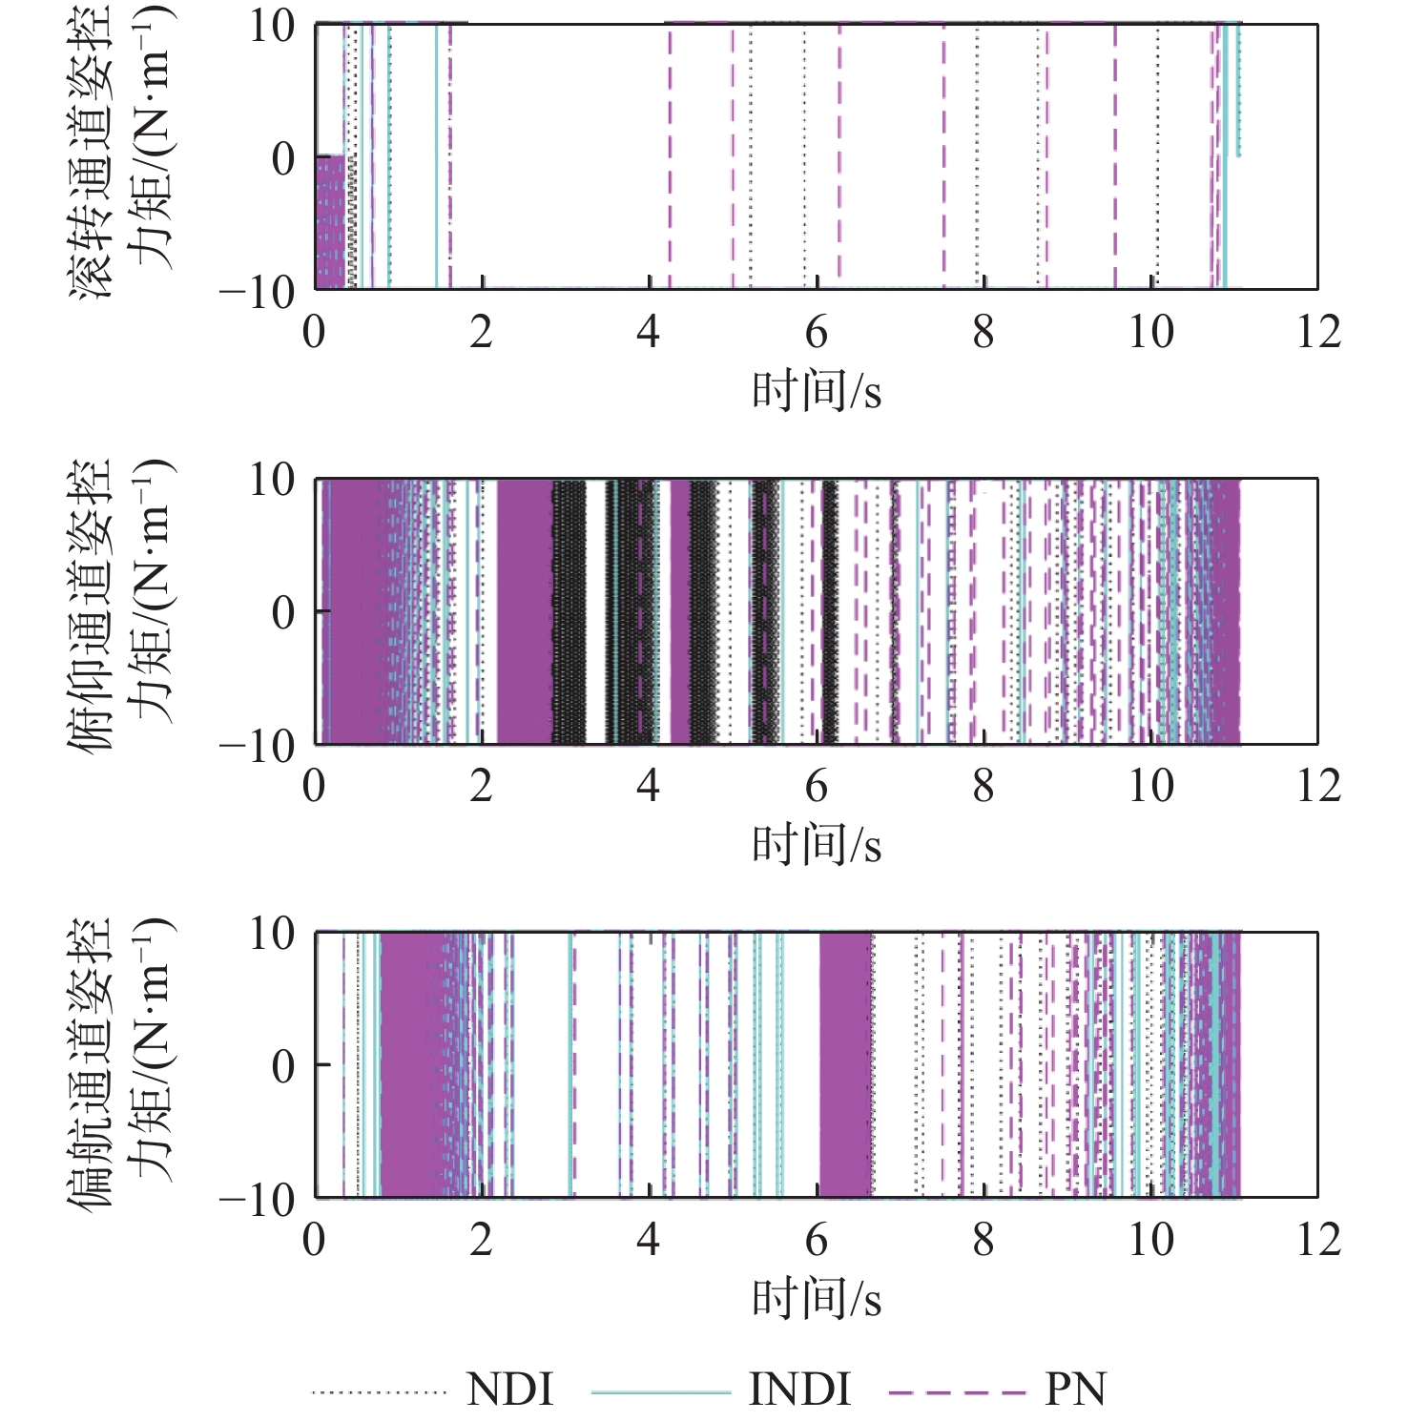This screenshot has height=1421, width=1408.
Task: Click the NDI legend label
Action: [x=509, y=1390]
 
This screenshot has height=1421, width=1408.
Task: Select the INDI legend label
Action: [x=799, y=1390]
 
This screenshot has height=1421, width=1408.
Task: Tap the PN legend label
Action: [x=1076, y=1390]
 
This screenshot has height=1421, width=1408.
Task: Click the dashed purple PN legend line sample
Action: [x=958, y=1393]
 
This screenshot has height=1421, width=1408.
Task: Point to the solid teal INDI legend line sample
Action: [x=660, y=1393]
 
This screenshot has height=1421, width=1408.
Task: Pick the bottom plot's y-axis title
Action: [x=122, y=1062]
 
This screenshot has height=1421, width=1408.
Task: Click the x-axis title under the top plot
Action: [x=817, y=391]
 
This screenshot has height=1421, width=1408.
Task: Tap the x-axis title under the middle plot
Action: [x=817, y=845]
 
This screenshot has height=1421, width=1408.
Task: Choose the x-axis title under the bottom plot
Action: [x=817, y=1299]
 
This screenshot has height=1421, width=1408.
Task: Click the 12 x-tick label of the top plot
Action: [x=1318, y=333]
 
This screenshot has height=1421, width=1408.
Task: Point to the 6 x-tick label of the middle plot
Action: [x=817, y=787]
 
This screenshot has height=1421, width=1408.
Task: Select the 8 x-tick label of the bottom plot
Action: [x=984, y=1241]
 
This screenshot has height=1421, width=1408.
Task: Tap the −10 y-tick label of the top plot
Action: [x=258, y=291]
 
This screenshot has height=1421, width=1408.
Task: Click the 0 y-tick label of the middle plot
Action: [x=283, y=612]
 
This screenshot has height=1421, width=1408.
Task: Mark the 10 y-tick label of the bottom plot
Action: [x=272, y=934]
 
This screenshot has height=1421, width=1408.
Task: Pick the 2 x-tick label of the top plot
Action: [x=482, y=333]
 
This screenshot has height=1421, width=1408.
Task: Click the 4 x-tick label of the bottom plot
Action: [x=649, y=1241]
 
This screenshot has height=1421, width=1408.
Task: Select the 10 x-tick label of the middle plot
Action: [x=1151, y=787]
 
